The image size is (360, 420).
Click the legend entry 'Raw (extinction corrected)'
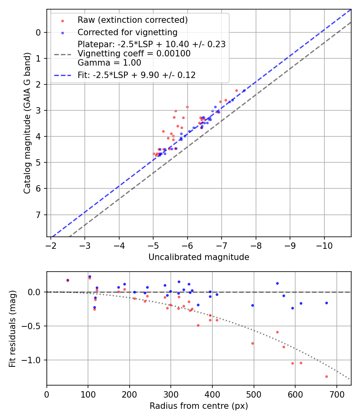click(x=132, y=20)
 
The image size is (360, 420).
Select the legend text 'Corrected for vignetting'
click(x=127, y=32)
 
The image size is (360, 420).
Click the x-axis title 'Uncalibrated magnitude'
click(x=199, y=257)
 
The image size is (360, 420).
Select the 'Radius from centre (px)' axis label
click(x=199, y=406)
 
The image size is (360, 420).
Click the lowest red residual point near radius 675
click(x=326, y=376)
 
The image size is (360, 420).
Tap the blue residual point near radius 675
click(x=326, y=303)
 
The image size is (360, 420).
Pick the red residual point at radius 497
click(x=252, y=343)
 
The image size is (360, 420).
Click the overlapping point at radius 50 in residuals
click(x=68, y=280)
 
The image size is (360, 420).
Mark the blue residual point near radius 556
click(x=277, y=283)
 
